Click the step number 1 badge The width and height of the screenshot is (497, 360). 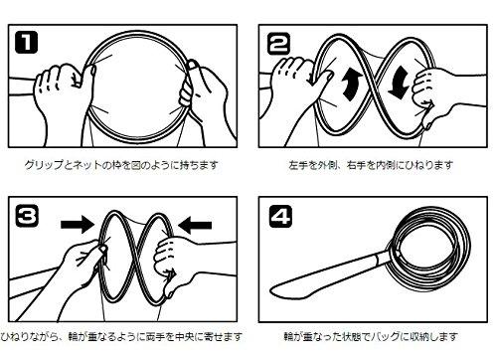pos(27,42)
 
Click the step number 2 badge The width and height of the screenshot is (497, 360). pos(278,43)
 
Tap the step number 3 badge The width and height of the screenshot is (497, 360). pos(27,217)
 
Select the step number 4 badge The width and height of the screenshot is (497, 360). pos(280,216)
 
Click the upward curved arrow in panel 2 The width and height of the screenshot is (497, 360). pos(352,83)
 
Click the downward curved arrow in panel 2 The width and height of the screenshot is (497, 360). pos(399,83)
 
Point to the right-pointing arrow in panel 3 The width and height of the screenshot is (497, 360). pos(78,225)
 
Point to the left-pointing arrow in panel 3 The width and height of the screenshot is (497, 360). pos(195,226)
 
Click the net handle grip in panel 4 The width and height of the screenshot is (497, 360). pos(328,275)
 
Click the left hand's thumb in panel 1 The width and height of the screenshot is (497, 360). pos(86,75)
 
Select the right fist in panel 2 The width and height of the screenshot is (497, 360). pos(425,91)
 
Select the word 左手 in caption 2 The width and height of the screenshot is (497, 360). pos(298,165)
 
